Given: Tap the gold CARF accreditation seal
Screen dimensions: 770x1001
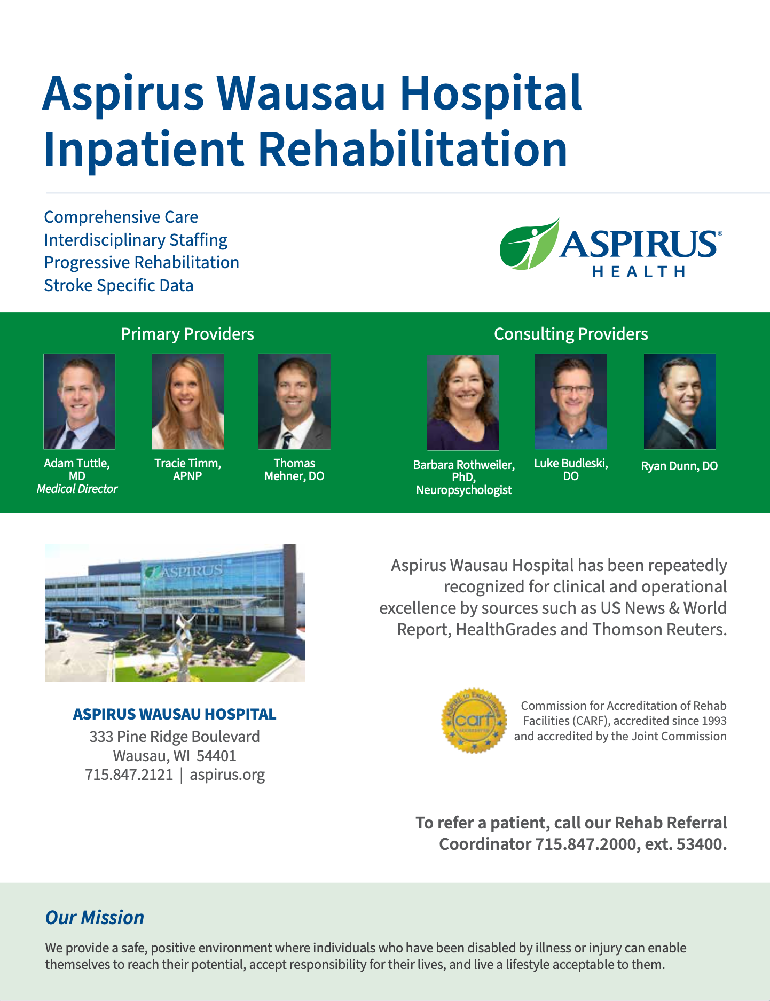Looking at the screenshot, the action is click(474, 720).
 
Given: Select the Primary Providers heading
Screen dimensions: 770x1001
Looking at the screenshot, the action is click(187, 334).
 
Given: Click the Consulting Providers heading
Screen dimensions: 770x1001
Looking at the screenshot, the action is click(571, 334).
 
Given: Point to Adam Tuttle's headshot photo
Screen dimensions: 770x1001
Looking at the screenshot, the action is click(80, 401).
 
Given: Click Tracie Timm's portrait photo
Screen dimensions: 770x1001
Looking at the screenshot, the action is click(188, 401).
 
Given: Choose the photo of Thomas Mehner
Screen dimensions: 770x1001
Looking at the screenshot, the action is click(294, 401).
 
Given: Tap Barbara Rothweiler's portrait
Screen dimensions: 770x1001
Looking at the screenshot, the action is click(463, 403).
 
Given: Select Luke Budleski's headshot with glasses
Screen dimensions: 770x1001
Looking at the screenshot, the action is click(571, 401).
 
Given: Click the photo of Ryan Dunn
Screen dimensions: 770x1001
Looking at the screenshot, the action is click(680, 401).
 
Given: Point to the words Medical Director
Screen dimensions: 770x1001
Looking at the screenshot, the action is click(77, 489).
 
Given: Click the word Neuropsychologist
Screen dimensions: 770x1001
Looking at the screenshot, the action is click(464, 490).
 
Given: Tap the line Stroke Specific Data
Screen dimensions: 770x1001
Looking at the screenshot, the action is click(119, 285).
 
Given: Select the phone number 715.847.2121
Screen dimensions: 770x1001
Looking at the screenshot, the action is click(129, 775).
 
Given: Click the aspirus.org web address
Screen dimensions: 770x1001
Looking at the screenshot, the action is click(227, 775).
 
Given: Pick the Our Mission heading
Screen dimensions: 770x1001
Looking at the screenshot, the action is click(95, 917).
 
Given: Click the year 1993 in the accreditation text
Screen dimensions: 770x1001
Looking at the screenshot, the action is click(714, 721).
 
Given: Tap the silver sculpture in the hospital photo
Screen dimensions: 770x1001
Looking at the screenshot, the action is click(184, 646).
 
